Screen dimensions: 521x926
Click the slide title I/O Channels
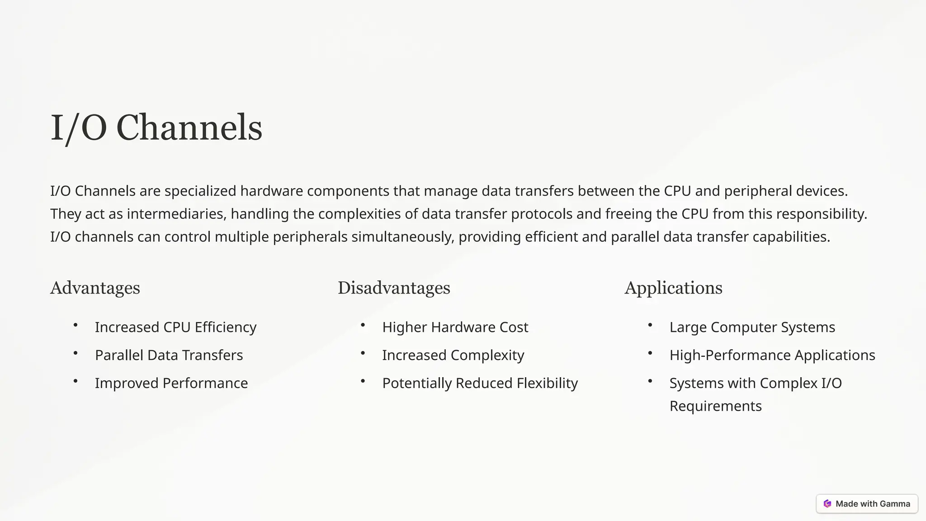[x=156, y=128]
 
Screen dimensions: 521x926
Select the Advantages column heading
[x=95, y=288]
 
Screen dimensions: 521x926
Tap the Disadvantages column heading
[x=394, y=288]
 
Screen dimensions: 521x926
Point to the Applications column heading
[x=673, y=288]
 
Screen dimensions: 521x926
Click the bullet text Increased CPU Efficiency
[x=175, y=327]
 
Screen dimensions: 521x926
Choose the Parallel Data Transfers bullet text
[x=169, y=355]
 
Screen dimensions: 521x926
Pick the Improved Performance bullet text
[x=171, y=383]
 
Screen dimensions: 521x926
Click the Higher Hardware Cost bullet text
[x=455, y=327]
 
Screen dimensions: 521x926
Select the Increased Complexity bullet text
[x=453, y=355]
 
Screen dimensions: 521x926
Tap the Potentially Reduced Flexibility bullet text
[x=480, y=383]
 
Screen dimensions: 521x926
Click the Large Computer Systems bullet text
[x=752, y=327]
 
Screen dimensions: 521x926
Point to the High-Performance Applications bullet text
[x=772, y=355]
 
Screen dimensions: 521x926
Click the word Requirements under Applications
[x=715, y=406]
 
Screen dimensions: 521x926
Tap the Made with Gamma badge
[x=867, y=504]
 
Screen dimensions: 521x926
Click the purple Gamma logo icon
[x=827, y=504]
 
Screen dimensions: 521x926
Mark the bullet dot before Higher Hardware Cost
[x=363, y=325]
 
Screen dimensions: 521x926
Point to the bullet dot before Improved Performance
[x=76, y=381]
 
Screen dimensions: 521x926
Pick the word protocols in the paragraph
[x=542, y=214]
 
